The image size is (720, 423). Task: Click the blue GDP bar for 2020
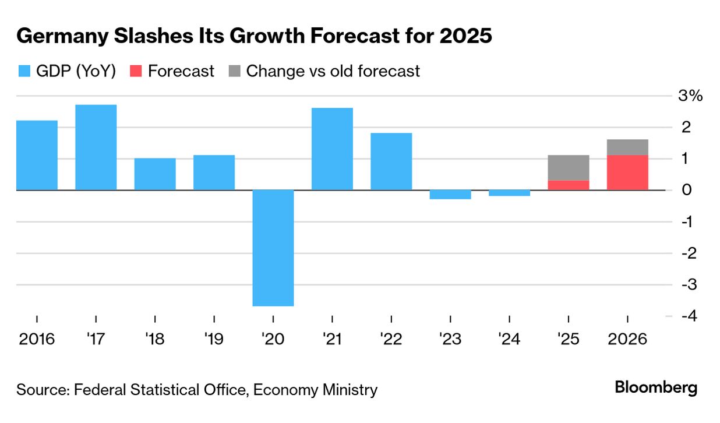click(x=273, y=248)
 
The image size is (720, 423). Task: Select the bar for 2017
click(x=96, y=147)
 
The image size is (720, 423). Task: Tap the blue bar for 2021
click(x=332, y=149)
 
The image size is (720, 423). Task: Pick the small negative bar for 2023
click(x=450, y=195)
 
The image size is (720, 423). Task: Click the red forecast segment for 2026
click(x=627, y=172)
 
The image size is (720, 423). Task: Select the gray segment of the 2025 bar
click(x=569, y=168)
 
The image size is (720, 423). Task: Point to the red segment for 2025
click(x=569, y=185)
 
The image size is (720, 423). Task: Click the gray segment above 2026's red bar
click(x=627, y=147)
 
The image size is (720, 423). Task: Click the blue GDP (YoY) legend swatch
click(x=24, y=71)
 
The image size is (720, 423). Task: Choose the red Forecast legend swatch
click(x=135, y=71)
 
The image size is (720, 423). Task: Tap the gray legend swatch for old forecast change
click(x=234, y=71)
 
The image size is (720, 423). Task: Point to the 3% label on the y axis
click(x=691, y=96)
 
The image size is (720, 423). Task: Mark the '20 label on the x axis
click(x=273, y=339)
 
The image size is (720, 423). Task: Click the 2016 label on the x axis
click(x=37, y=339)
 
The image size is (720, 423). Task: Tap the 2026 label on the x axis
click(x=627, y=339)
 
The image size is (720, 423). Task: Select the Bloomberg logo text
click(x=656, y=387)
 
